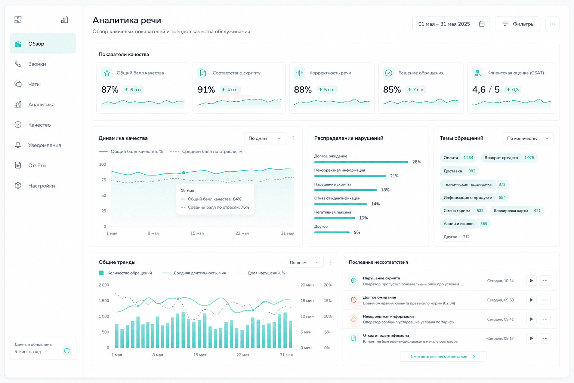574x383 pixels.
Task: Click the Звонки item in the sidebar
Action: pos(37,64)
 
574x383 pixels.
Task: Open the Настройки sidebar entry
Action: pos(41,186)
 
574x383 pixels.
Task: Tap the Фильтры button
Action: pos(518,24)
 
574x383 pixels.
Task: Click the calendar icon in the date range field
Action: pos(482,24)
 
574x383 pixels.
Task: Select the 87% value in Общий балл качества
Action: pos(109,90)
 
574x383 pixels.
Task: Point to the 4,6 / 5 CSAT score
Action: pos(485,90)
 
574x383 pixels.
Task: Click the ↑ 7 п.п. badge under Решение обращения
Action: pos(416,90)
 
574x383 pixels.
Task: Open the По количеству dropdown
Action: pos(528,138)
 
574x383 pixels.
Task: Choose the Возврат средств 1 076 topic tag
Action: pos(509,157)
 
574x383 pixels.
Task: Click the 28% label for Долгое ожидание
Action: pos(416,162)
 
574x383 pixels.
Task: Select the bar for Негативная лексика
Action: pos(334,218)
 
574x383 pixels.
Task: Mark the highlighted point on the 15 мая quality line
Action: pos(183,173)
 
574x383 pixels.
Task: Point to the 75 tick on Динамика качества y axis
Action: pos(104,180)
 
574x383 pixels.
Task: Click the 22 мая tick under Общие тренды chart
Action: pos(243,355)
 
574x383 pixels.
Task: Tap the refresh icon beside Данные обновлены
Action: pos(67,351)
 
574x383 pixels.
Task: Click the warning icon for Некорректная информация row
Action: pos(354,319)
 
